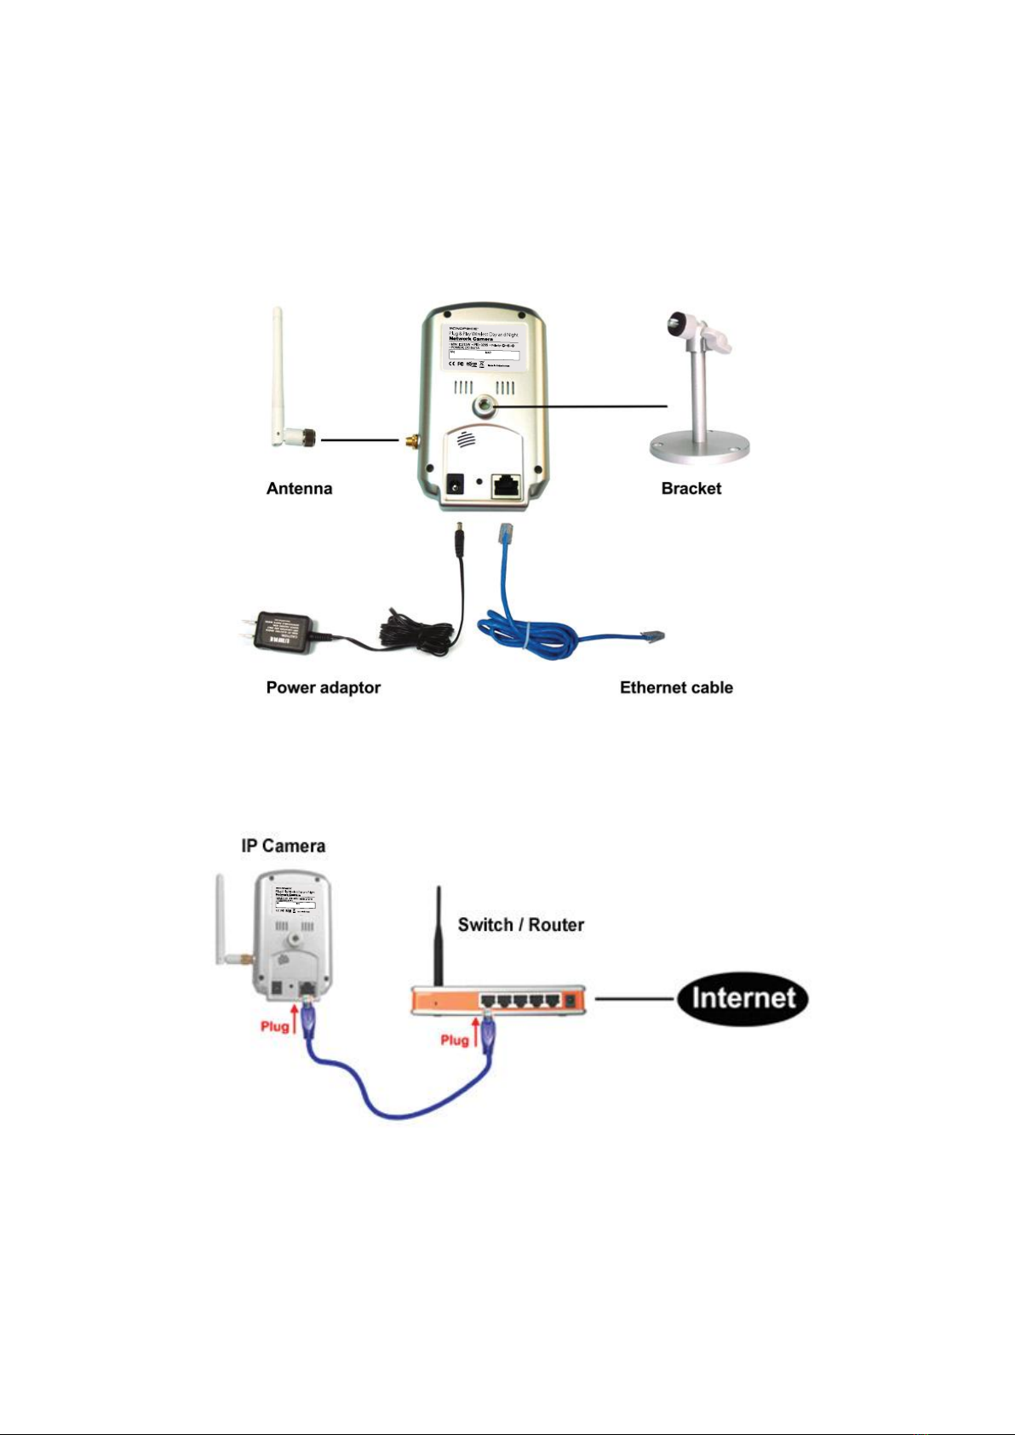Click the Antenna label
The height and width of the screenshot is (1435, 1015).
point(299,488)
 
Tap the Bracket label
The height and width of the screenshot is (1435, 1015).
point(691,488)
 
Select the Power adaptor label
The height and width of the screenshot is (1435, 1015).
point(323,687)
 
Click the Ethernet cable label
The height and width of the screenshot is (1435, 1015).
point(676,687)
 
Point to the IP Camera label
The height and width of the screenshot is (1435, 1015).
point(283,846)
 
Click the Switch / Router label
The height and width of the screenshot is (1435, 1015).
point(520,925)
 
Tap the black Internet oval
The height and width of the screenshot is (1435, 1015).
point(743,998)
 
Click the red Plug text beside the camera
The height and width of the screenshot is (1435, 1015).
point(274,1026)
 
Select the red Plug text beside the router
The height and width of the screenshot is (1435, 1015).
point(455,1040)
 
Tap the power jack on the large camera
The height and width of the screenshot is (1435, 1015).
point(456,486)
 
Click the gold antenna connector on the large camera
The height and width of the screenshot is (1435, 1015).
point(410,441)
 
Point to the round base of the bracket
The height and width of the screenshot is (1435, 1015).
point(700,448)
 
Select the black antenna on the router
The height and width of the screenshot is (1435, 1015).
point(439,937)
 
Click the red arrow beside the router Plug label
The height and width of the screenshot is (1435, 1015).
point(475,1031)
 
